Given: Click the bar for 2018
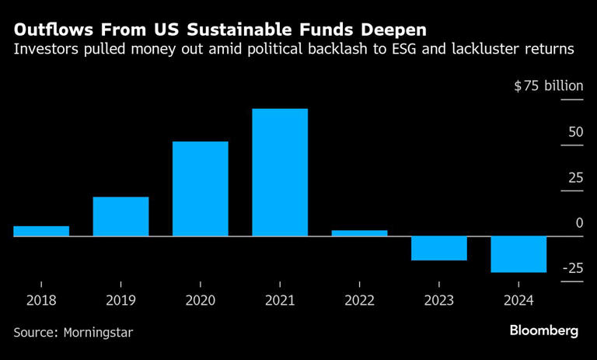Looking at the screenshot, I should click(x=41, y=231).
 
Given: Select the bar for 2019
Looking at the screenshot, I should click(x=120, y=216).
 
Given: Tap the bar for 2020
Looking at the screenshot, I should click(x=200, y=189).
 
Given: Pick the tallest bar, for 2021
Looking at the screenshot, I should click(x=280, y=172).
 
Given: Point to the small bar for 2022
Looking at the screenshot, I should click(x=359, y=232).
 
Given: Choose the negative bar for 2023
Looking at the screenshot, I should click(x=439, y=248).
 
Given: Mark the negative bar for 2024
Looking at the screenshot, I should click(x=518, y=254).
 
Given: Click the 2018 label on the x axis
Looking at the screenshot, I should click(x=41, y=299).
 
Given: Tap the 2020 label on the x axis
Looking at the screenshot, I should click(x=200, y=299).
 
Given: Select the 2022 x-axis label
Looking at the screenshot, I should click(x=359, y=299).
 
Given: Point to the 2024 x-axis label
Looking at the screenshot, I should click(x=518, y=299).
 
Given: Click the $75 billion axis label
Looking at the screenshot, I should click(x=548, y=86).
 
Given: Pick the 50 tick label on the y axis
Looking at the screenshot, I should click(x=575, y=132).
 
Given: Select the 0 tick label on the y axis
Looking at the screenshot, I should click(x=579, y=223).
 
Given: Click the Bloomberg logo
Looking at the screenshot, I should click(x=544, y=330).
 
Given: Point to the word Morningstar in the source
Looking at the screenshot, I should click(x=98, y=332).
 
